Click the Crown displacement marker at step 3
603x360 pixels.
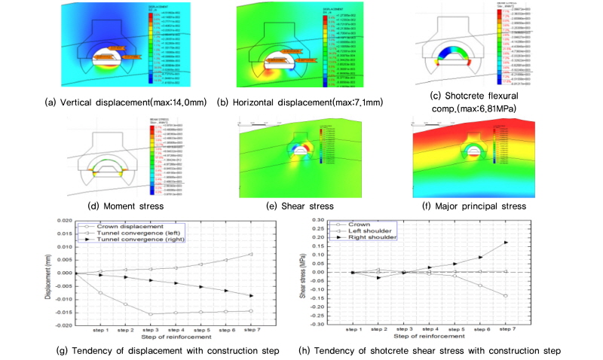[x=151, y=313]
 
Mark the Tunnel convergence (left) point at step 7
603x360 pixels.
[x=251, y=254]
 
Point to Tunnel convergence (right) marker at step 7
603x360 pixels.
[x=251, y=295]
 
